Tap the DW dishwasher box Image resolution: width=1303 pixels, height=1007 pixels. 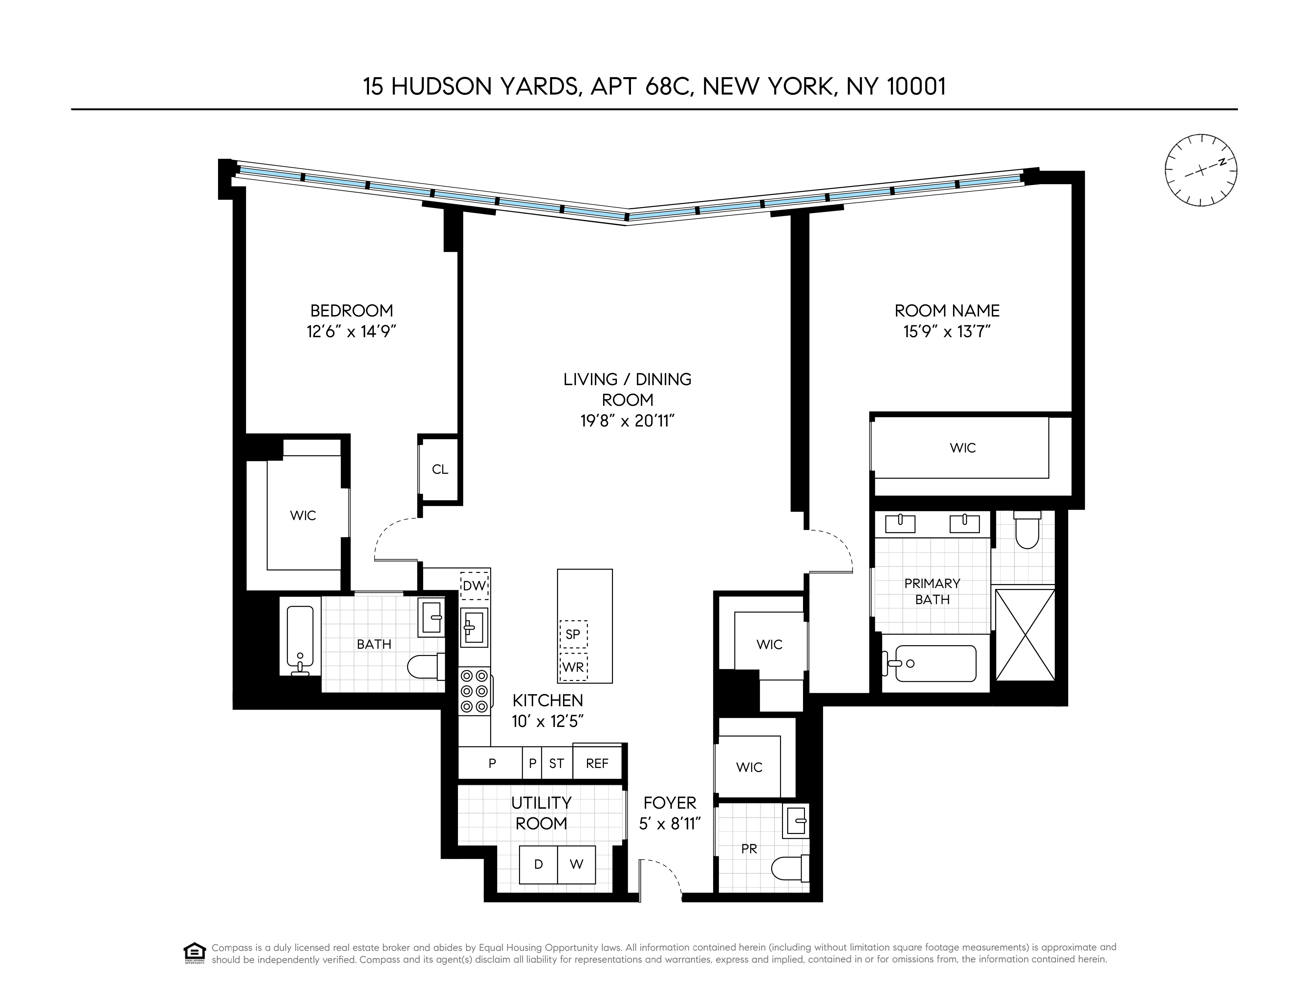[474, 586]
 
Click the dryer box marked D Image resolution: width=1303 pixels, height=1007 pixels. [538, 865]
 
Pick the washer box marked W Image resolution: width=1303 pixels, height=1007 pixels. [576, 865]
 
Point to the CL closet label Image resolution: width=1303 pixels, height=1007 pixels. [440, 470]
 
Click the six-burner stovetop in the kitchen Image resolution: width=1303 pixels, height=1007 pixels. [474, 691]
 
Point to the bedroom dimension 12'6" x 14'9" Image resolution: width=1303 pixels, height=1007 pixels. [351, 332]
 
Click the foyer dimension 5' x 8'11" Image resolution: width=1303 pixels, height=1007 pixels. [669, 824]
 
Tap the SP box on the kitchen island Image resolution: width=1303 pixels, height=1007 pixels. [573, 634]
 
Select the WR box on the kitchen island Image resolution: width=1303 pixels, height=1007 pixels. [573, 667]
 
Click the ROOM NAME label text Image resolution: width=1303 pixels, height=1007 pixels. [947, 311]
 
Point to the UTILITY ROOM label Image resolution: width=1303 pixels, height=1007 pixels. [541, 813]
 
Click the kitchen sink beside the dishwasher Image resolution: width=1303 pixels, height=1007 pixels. [474, 627]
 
